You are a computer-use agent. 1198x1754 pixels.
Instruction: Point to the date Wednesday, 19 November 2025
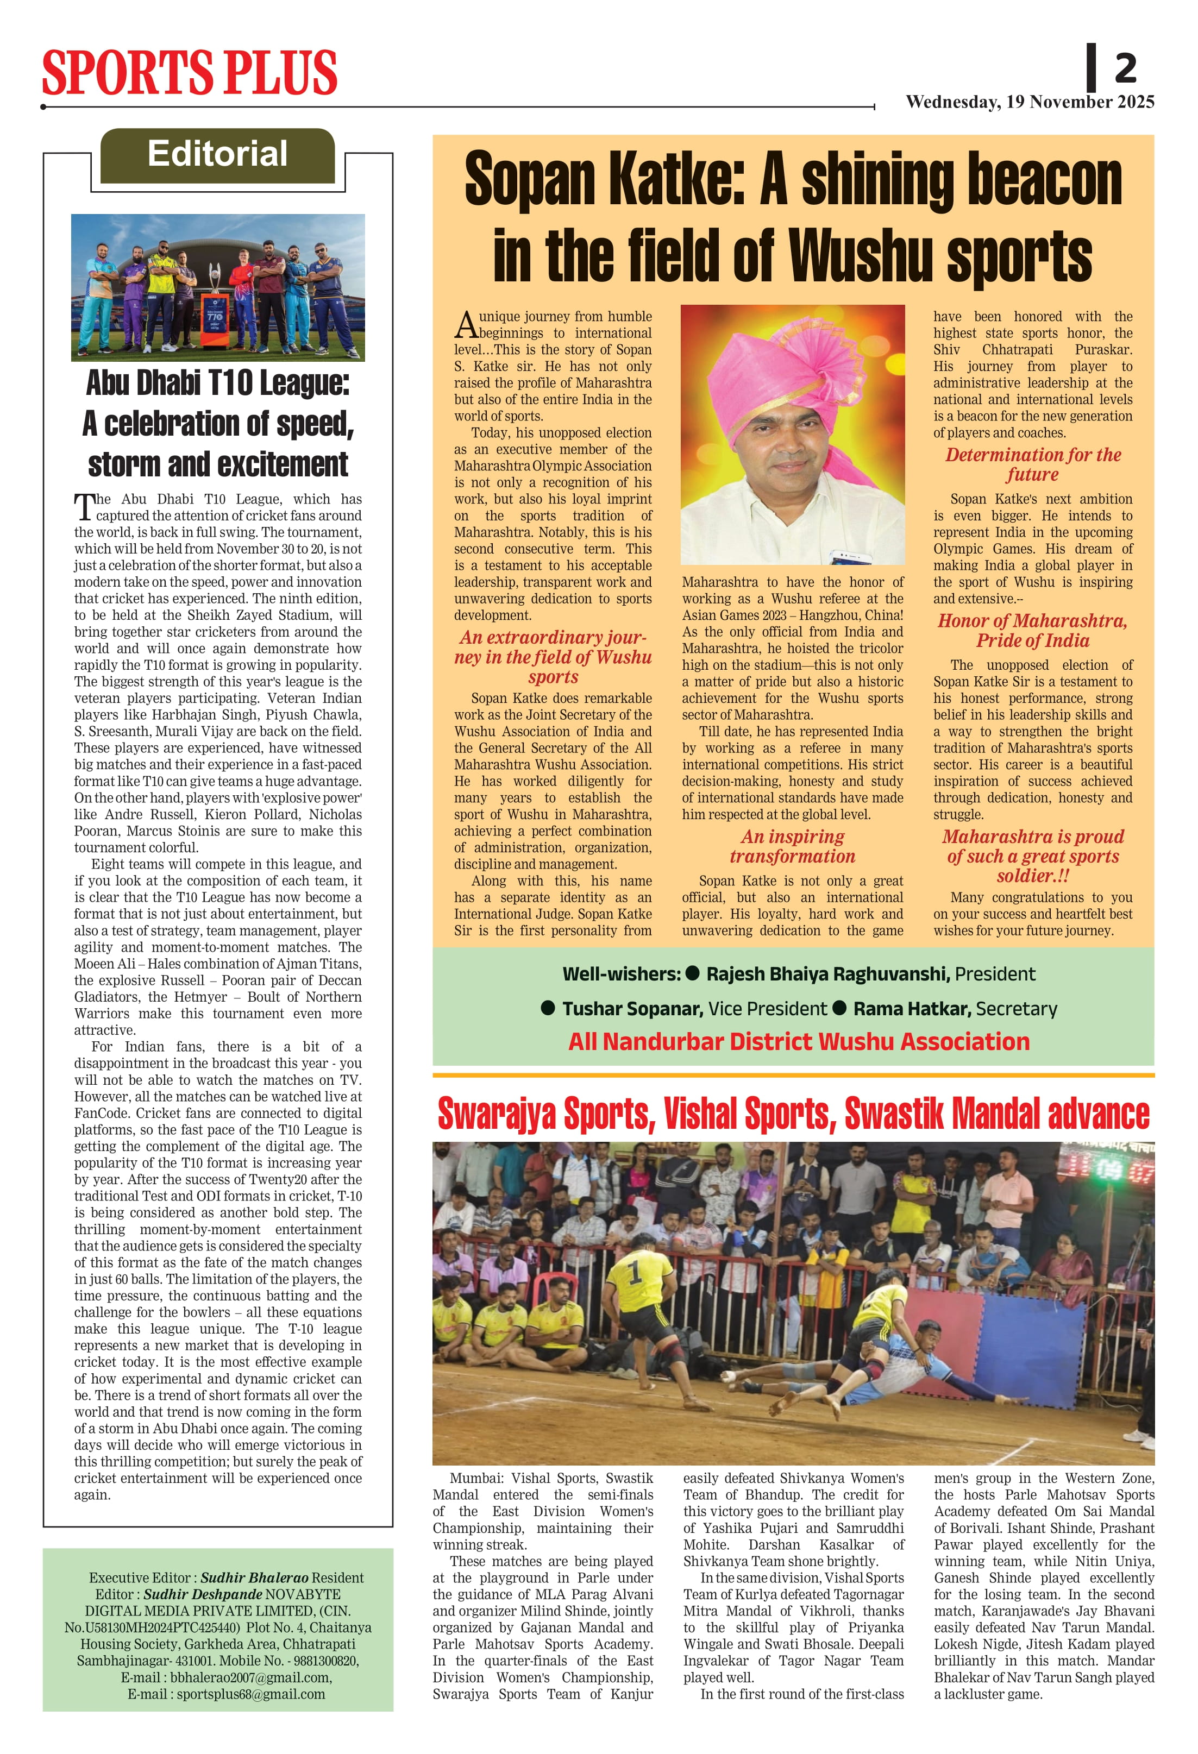tap(1030, 102)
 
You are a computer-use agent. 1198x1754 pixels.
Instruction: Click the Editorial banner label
tap(217, 154)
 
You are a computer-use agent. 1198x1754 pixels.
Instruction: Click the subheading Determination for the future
tap(1033, 464)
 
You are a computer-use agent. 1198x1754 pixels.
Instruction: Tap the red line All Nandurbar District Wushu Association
tap(799, 1041)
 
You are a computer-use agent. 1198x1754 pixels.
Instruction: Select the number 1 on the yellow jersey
tap(635, 1273)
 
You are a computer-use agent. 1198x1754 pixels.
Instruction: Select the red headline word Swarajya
tap(498, 1114)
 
